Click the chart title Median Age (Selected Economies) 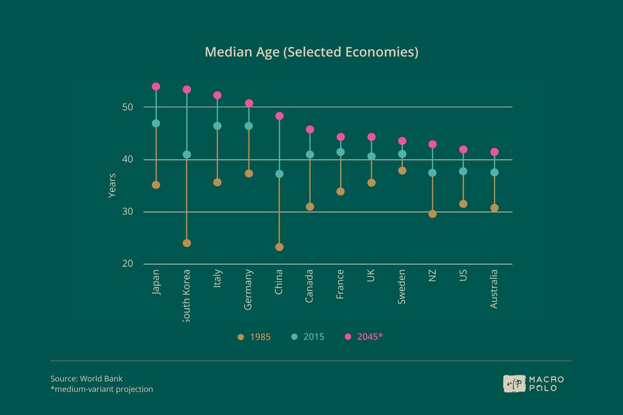[x=311, y=52]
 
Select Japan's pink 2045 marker [x=156, y=87]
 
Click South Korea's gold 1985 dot [x=187, y=243]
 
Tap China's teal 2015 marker [x=279, y=174]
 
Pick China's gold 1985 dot [x=279, y=247]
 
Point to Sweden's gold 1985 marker [x=402, y=171]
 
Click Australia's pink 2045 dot [x=494, y=152]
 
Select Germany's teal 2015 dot [x=249, y=126]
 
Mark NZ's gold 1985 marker [x=432, y=214]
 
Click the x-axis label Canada [x=310, y=286]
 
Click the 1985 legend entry [x=254, y=337]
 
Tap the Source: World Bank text [x=86, y=379]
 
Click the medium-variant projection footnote [x=102, y=389]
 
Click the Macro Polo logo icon [x=514, y=383]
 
